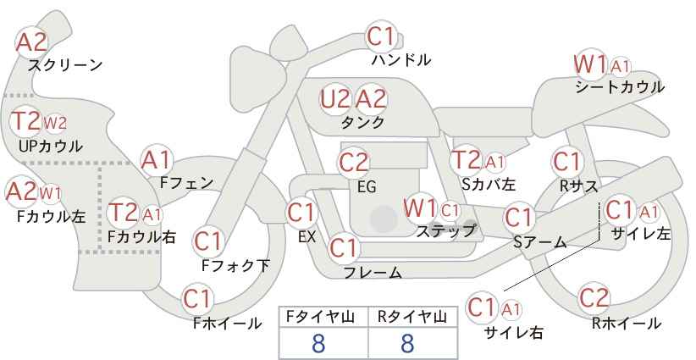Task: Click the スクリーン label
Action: (x=65, y=65)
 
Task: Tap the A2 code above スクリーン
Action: (x=31, y=42)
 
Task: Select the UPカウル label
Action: (x=51, y=146)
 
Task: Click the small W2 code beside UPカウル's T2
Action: (x=55, y=123)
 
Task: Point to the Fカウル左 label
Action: (x=51, y=216)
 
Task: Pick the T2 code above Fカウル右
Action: (x=123, y=212)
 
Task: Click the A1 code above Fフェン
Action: (x=156, y=160)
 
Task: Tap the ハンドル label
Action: (x=401, y=59)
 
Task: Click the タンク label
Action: (x=362, y=122)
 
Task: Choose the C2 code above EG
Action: (x=353, y=163)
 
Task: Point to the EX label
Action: (x=307, y=237)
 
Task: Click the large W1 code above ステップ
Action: (x=420, y=208)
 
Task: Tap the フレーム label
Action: (x=373, y=272)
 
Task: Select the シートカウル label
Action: (x=620, y=86)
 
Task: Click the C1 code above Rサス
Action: (x=566, y=162)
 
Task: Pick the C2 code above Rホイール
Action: (x=594, y=298)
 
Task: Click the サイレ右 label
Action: (x=514, y=332)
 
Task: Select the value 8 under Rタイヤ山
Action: (x=407, y=343)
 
